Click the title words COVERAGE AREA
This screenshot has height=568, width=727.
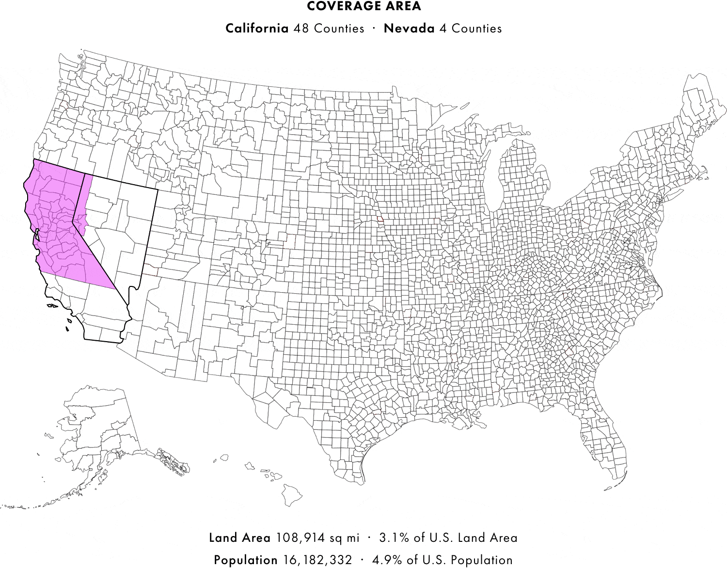coord(363,6)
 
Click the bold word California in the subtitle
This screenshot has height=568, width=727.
coord(257,28)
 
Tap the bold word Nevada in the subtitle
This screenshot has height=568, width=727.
coord(409,28)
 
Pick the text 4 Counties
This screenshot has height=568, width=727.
coord(470,28)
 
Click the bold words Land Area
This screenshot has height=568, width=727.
coord(240,537)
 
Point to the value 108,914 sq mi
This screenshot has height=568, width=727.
coord(318,537)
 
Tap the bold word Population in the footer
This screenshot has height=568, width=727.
coord(246,560)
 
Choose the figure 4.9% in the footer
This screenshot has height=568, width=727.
coord(384,560)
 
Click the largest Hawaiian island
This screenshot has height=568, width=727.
coord(289,496)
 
